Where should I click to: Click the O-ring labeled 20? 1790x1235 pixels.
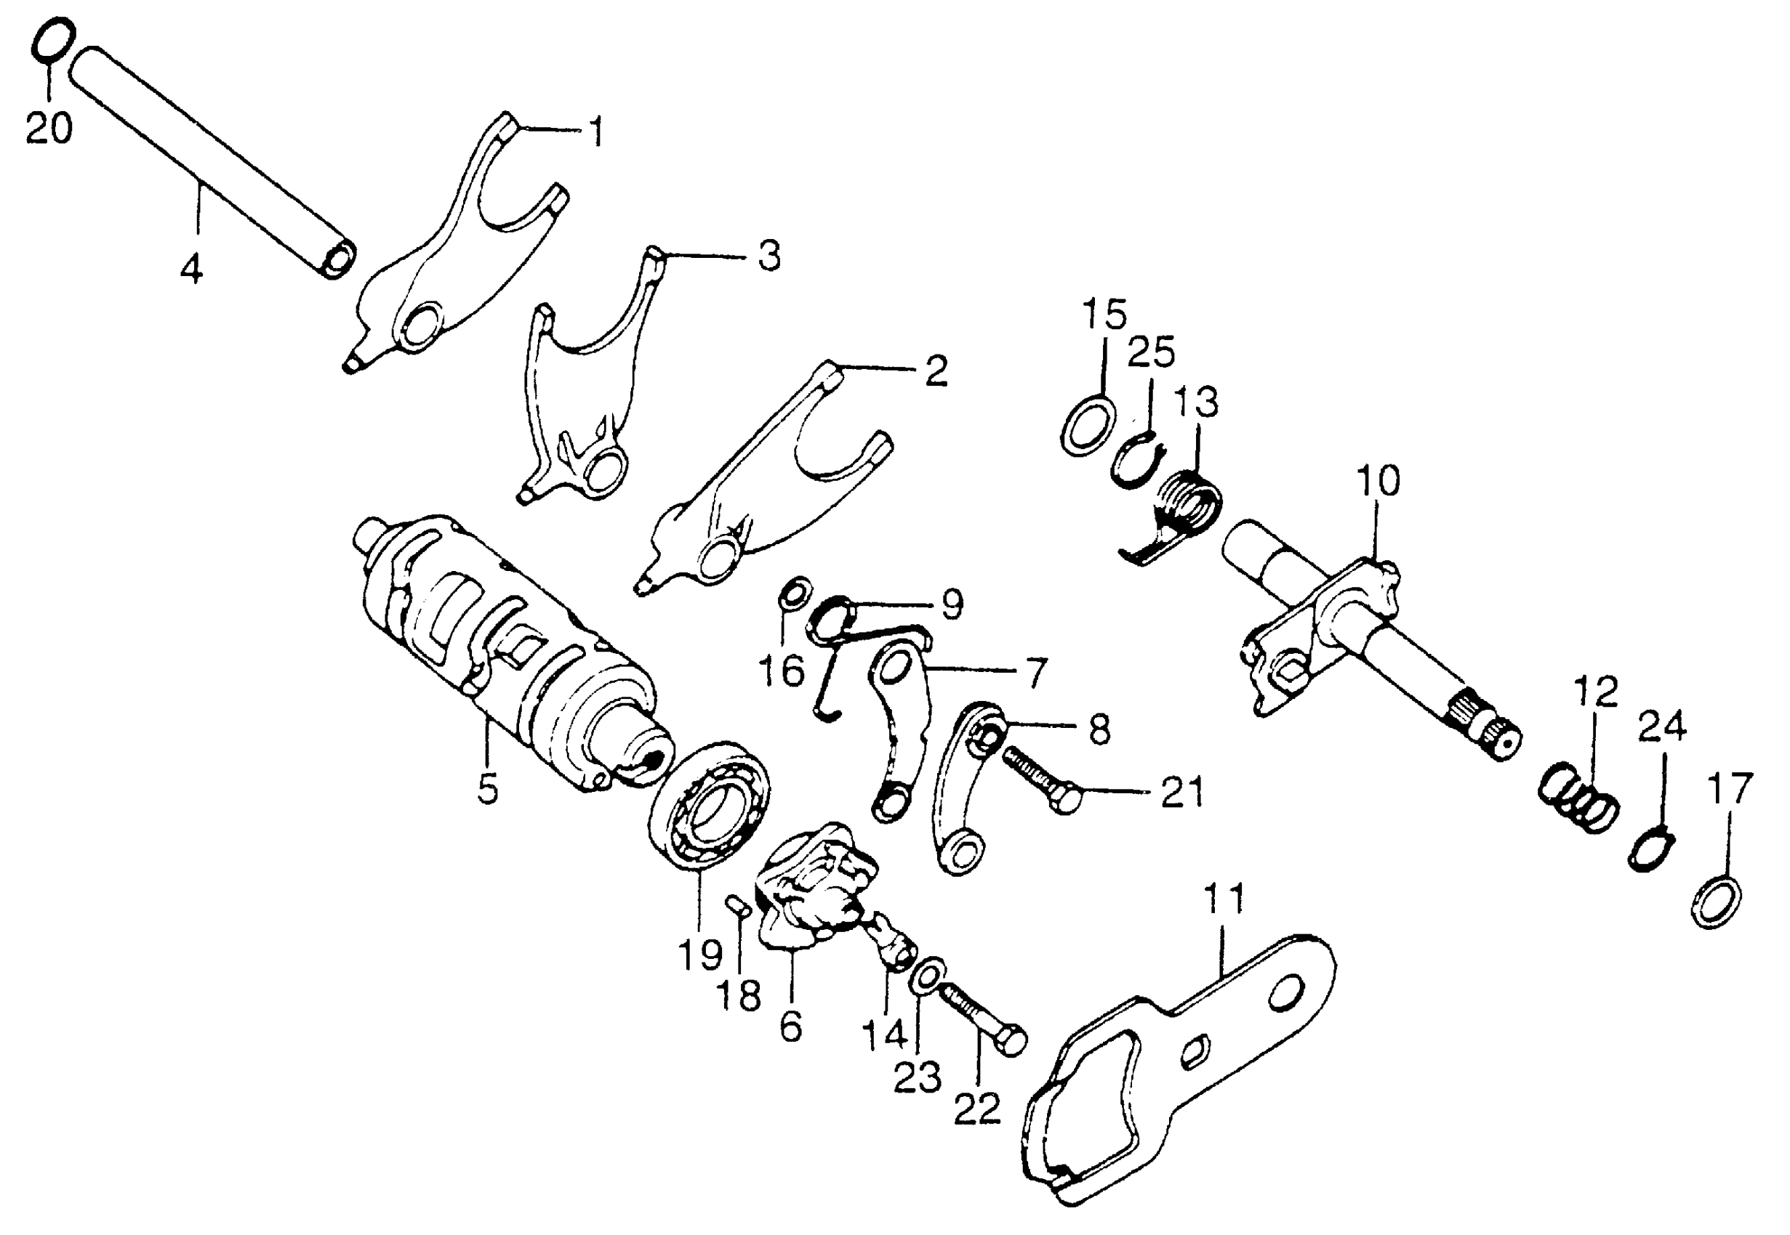pyautogui.click(x=55, y=39)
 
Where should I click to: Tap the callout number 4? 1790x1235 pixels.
pyautogui.click(x=191, y=269)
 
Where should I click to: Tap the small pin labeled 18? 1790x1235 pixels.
pyautogui.click(x=737, y=904)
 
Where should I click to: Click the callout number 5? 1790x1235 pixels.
pyautogui.click(x=488, y=789)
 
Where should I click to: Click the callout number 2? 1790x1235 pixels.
pyautogui.click(x=935, y=371)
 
